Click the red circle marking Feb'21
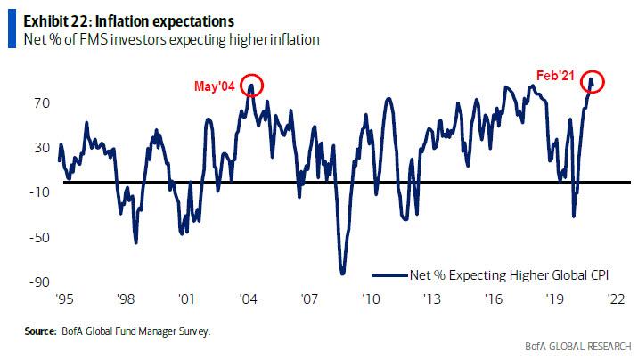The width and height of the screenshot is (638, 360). (591, 82)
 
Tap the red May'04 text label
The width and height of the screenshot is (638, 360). (217, 86)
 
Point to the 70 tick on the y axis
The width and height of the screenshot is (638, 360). (41, 103)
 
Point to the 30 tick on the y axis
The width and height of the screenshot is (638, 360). (41, 148)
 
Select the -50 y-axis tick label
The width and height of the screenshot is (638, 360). (39, 237)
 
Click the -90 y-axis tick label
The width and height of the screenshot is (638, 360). (39, 282)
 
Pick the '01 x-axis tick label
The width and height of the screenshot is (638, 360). (187, 300)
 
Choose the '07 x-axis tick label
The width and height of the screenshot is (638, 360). (309, 300)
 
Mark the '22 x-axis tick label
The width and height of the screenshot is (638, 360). (615, 300)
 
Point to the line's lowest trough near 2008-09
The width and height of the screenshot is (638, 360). (341, 273)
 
